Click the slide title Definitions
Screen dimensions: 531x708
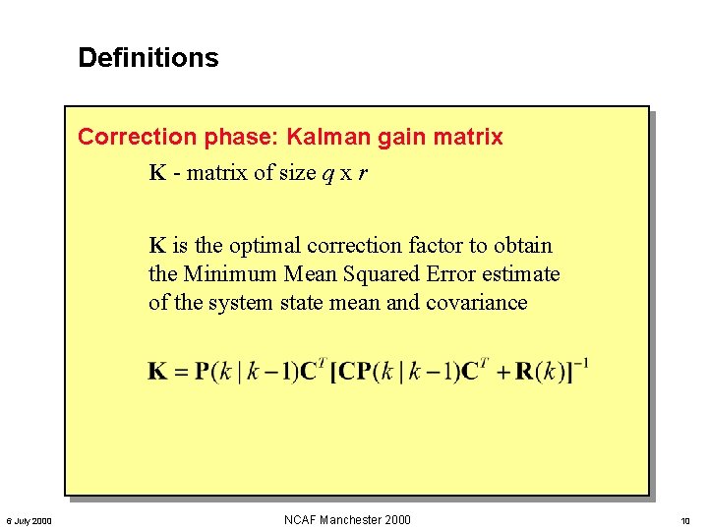tap(147, 58)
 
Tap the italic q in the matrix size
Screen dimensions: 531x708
tap(326, 175)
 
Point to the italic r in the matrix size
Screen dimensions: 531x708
tap(363, 175)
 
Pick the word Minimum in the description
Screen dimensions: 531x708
tap(230, 274)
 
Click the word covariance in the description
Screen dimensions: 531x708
tap(476, 303)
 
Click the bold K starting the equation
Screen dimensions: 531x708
tap(157, 372)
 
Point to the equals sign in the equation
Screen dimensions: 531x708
tap(180, 372)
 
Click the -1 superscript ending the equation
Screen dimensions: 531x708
tap(581, 363)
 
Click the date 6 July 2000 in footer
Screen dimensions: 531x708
tap(29, 520)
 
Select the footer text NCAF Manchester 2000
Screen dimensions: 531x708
tap(347, 519)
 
